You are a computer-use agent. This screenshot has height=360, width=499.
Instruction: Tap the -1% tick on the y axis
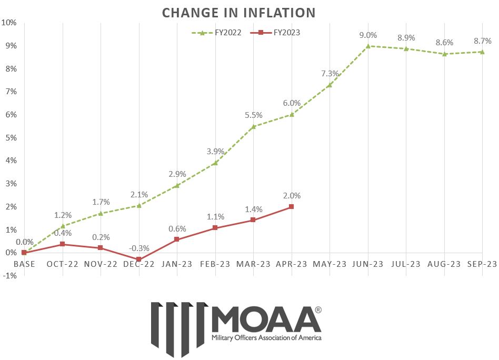tap(9, 276)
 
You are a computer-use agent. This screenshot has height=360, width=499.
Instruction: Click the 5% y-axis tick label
tap(10, 138)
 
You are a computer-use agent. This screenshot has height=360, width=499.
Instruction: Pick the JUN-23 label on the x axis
tap(368, 264)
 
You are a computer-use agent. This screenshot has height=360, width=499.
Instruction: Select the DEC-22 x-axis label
tap(138, 264)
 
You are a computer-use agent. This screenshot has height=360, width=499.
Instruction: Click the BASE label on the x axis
tap(24, 264)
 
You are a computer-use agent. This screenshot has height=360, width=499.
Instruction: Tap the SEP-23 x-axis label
tap(483, 264)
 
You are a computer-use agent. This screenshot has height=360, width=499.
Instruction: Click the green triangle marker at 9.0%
tap(368, 46)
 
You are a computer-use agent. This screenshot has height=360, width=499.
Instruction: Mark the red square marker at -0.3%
tap(138, 259)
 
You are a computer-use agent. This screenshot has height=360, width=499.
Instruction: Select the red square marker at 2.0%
tap(291, 207)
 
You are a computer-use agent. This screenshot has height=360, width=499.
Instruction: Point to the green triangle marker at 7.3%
tap(330, 85)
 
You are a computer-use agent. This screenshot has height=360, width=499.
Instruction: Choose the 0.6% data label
tap(177, 228)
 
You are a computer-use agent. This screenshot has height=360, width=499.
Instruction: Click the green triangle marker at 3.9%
tap(215, 163)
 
